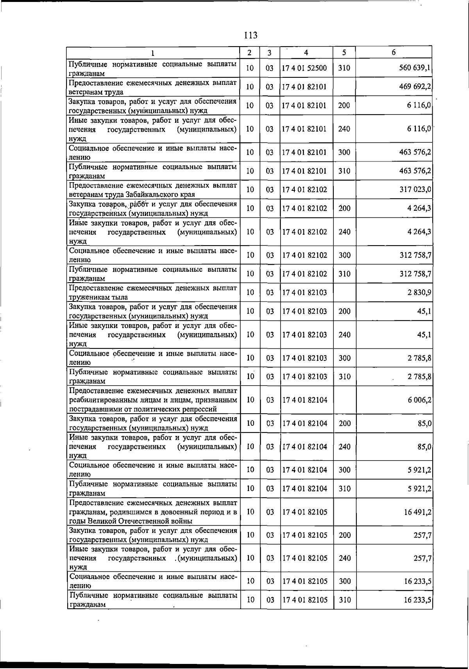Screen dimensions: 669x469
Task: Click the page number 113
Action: coord(251,36)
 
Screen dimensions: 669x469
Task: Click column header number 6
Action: coord(394,52)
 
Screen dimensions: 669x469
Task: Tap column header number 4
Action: coord(306,52)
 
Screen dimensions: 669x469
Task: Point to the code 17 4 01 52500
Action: coord(304,68)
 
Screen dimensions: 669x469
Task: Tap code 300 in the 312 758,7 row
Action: coord(344,255)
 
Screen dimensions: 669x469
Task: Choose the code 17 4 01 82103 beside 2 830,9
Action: coord(304,292)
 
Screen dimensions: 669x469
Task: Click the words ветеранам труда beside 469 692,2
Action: coord(96,92)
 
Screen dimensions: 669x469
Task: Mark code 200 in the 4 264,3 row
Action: coord(344,208)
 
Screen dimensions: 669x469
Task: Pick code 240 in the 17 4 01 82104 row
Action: coord(344,447)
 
